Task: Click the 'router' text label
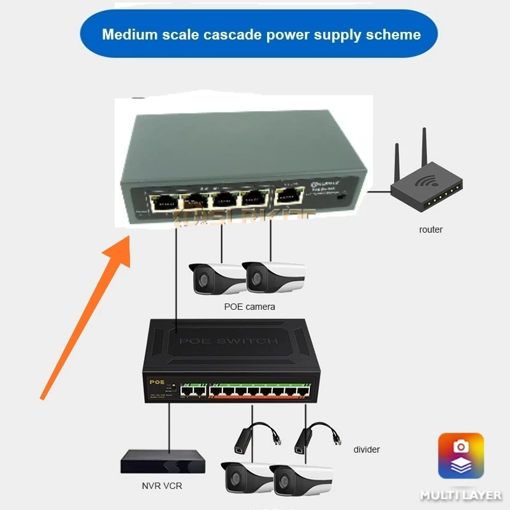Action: [x=431, y=229]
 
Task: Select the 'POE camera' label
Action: [x=250, y=307]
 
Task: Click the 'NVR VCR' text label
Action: [x=162, y=486]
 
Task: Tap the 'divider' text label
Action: [x=367, y=449]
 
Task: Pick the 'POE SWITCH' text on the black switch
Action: [x=228, y=341]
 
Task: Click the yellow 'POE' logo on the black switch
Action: [x=157, y=382]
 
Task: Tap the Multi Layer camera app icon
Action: [x=460, y=456]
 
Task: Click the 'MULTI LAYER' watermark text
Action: [x=460, y=495]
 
